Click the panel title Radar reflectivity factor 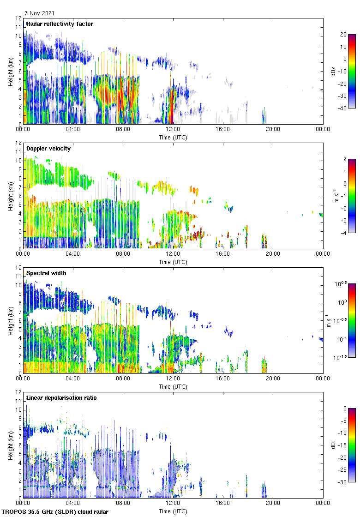pos(60,24)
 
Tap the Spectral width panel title pos(46,273)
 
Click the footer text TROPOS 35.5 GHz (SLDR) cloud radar pos(55,512)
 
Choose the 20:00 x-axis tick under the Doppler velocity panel pos(273,254)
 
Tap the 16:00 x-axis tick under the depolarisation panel pos(223,504)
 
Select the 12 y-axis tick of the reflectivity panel pos(18,18)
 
